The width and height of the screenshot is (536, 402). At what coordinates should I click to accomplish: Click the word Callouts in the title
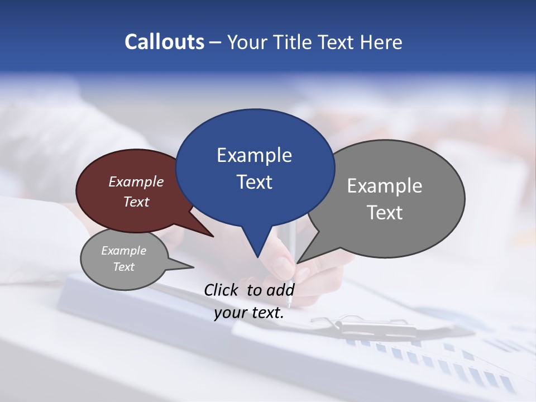(164, 42)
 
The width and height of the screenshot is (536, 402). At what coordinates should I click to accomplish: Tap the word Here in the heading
(380, 42)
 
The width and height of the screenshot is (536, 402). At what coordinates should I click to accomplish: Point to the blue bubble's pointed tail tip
(257, 257)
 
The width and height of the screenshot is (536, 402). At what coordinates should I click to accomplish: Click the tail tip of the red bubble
(213, 236)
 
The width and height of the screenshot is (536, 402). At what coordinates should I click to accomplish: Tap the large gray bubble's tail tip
(298, 262)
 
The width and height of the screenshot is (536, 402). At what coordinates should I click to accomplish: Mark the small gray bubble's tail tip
(193, 267)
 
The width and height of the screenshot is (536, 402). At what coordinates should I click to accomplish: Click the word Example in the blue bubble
(254, 155)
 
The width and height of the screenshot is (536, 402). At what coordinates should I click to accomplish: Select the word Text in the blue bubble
(254, 182)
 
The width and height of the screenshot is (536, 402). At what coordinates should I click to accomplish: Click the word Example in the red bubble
(136, 181)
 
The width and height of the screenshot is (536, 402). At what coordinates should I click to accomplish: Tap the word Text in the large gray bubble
(385, 212)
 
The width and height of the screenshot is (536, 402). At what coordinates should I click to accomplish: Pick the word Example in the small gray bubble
(123, 251)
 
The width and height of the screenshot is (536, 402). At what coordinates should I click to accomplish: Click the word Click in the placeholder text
(222, 290)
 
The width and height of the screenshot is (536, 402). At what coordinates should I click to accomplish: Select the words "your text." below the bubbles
(248, 313)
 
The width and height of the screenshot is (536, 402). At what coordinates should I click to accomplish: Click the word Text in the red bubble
(136, 202)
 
